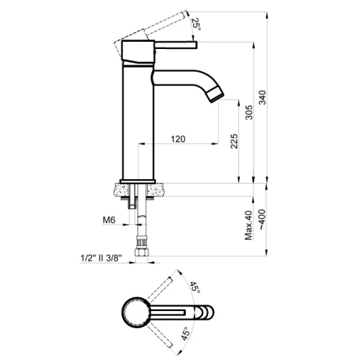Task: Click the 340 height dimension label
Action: [263, 97]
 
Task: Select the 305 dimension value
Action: [249, 112]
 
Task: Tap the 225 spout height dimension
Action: [234, 141]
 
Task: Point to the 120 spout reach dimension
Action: [178, 139]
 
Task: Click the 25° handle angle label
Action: [196, 24]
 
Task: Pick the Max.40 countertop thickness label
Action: [249, 225]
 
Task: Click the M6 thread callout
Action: [109, 220]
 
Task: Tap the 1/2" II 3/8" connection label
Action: [101, 258]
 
